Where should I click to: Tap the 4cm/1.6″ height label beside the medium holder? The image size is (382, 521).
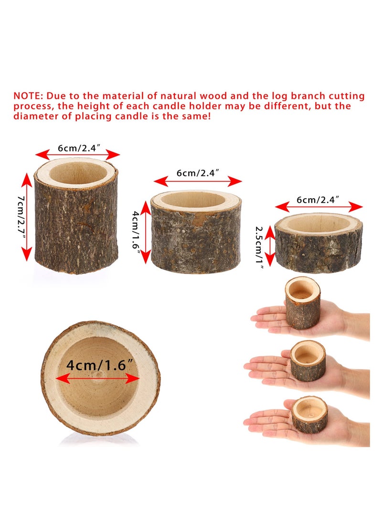tap(136, 234)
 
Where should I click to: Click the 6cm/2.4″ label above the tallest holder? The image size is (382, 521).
tap(77, 148)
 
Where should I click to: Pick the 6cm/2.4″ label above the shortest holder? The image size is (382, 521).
tap(318, 200)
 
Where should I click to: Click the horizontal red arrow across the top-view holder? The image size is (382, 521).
tap(98, 379)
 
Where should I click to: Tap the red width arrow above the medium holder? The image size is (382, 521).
tap(197, 181)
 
